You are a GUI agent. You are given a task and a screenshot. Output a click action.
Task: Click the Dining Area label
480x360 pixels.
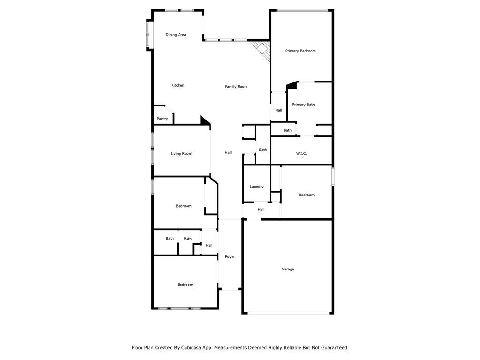point(176,35)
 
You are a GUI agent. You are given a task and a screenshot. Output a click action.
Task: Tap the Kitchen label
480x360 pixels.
point(178,85)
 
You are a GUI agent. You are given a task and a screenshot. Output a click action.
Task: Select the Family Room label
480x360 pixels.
point(236,86)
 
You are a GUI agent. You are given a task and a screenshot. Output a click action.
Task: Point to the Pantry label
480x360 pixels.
point(162,119)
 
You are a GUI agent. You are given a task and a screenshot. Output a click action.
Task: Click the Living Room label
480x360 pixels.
point(181,153)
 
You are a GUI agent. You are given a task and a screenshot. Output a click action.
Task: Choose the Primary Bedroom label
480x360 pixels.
point(300,51)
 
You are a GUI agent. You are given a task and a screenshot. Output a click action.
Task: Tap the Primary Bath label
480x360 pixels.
point(303,105)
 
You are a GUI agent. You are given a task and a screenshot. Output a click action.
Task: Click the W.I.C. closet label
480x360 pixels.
point(301,153)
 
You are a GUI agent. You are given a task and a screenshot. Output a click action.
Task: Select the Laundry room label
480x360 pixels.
point(256,187)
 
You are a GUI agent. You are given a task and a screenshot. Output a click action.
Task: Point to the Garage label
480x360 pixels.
point(288,269)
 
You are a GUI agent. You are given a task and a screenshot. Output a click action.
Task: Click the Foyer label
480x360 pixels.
point(230,256)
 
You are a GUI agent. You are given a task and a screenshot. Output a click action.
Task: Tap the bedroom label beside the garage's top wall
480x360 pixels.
point(307,195)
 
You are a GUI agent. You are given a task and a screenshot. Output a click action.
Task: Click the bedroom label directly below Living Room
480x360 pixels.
point(183,206)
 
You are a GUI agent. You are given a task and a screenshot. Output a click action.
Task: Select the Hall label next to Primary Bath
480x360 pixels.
point(278,110)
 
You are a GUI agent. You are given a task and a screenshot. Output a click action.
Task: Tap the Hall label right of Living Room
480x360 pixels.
point(228,152)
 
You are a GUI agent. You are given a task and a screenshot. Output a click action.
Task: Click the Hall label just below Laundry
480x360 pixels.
point(261,210)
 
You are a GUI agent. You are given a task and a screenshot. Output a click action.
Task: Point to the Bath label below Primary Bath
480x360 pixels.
point(287,130)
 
